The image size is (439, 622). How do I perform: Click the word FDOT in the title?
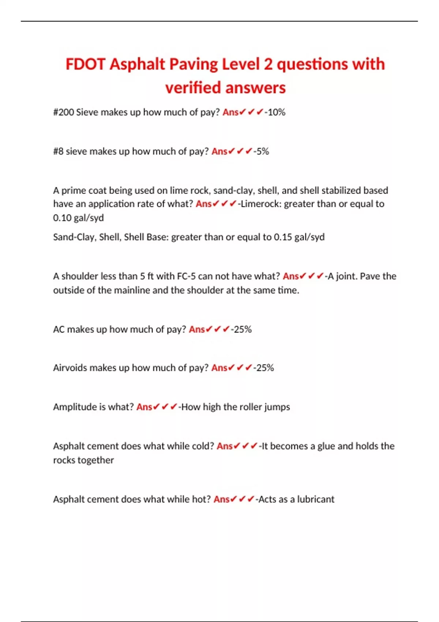coord(86,64)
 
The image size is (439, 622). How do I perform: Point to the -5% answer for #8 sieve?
coord(261,151)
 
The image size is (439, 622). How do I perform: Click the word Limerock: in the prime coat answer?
coord(261,204)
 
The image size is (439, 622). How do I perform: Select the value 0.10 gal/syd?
coord(78,218)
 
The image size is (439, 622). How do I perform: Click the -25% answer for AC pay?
coord(241,330)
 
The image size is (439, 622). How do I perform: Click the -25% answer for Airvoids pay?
coord(263,368)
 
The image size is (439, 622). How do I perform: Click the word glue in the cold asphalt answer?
coord(326,446)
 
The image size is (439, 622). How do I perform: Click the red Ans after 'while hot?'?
coord(221,499)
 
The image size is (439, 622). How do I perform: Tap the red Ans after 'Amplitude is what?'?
coord(144,407)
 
